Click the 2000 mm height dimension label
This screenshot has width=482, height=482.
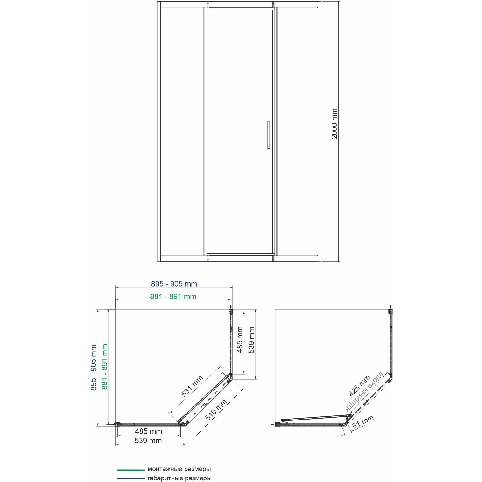coord(334,124)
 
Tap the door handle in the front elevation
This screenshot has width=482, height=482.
coord(268,135)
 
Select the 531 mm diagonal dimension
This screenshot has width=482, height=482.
coord(192,386)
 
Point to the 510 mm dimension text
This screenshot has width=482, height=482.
coord(216,410)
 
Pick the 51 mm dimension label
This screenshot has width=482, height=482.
coord(363,423)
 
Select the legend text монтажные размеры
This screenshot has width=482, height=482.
coord(179,469)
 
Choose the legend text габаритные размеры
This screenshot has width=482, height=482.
coord(179,478)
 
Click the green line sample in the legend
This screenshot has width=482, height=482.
coord(131,470)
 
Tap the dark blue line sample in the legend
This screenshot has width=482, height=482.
coord(131,478)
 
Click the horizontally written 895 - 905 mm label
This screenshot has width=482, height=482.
coord(174,284)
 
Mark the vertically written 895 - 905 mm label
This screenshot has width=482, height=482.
coord(93,368)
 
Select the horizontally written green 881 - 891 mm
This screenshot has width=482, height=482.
coord(173,296)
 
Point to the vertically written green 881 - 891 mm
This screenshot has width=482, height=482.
coord(105,367)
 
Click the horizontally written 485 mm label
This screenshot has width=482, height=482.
coord(149,431)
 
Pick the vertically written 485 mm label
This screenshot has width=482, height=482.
coord(240,340)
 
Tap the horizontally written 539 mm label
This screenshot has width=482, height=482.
coord(148,441)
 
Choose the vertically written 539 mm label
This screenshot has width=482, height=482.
coord(252,340)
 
